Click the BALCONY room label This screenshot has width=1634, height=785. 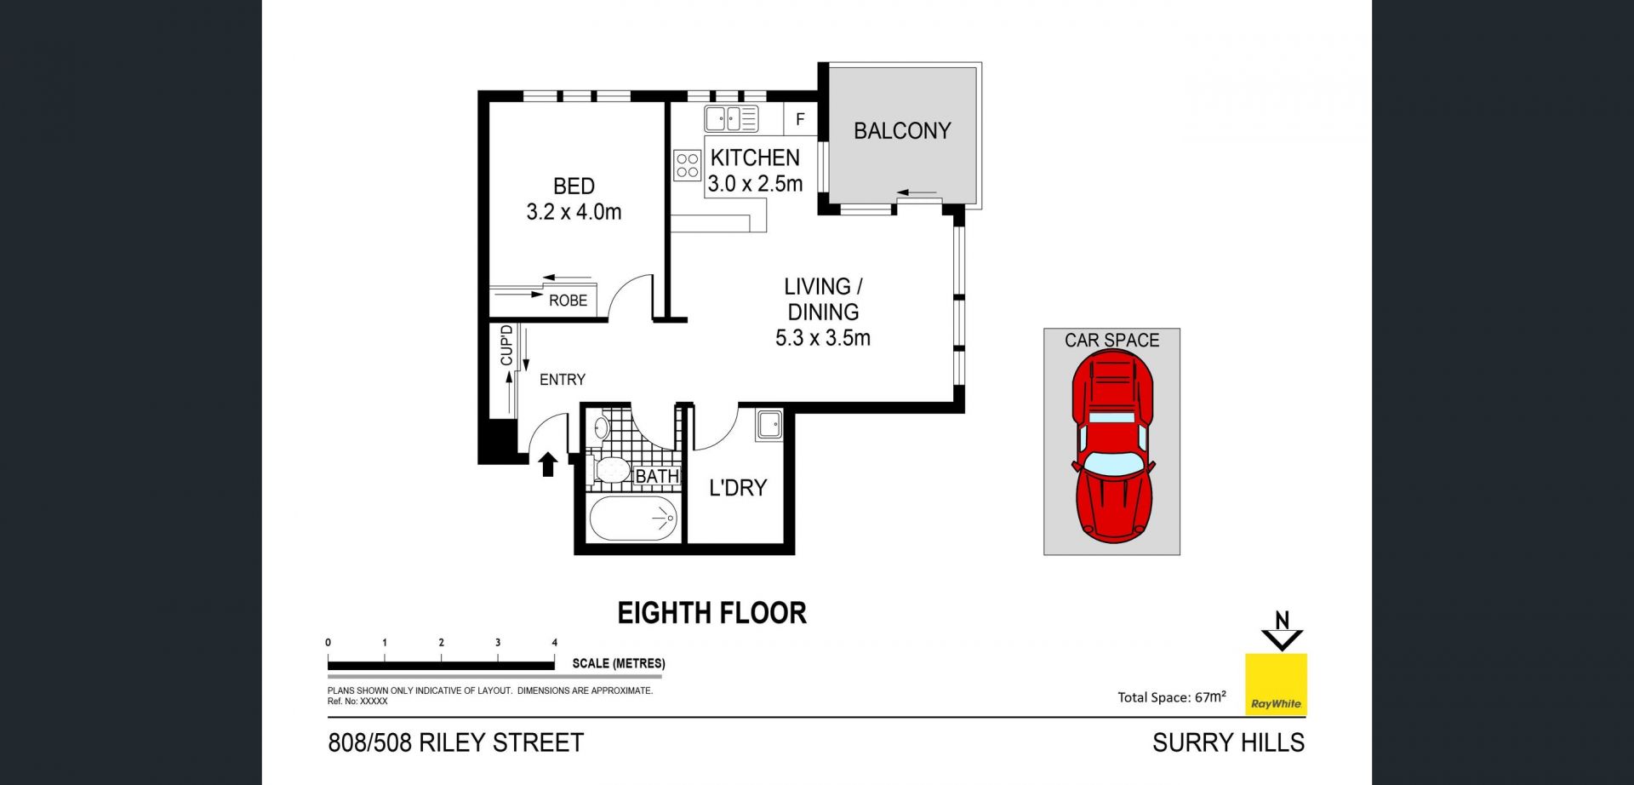coord(902,131)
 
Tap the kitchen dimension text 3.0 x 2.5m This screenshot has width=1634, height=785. coord(755,184)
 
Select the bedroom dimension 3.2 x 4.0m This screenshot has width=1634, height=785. coord(574,212)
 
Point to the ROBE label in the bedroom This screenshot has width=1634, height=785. coord(568,301)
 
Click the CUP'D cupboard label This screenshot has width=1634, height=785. coord(506,345)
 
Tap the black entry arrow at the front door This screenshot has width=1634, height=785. coord(548,464)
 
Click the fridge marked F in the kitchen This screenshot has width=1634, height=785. coord(800,119)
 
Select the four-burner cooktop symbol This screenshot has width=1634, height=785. coord(688,165)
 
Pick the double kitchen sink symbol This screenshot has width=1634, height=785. coord(731,118)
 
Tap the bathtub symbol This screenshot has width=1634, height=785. coord(633,518)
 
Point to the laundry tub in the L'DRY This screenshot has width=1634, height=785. coord(769,424)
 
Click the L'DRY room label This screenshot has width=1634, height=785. coord(738,488)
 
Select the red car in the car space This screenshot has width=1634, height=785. coord(1113,446)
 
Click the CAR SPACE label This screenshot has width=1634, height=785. coord(1111,341)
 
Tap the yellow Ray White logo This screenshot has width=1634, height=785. coord(1276,684)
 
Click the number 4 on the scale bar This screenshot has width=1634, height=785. coord(555,643)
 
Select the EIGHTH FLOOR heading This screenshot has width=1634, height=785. coord(711,613)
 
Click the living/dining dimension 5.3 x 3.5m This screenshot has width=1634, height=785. coord(823,338)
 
